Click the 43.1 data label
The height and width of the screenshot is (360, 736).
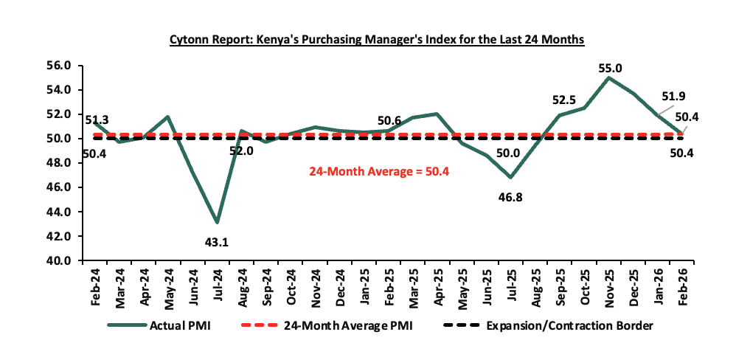(x=217, y=241)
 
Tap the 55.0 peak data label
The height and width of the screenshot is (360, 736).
(x=610, y=68)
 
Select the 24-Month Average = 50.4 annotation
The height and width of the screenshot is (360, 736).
(x=378, y=171)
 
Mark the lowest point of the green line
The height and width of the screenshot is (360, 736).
(x=217, y=222)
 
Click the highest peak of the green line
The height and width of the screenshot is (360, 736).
(x=608, y=77)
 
